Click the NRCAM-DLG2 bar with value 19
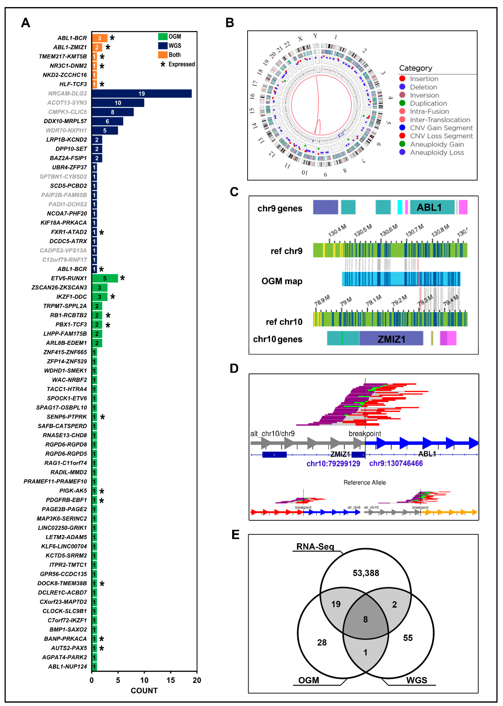pyautogui.click(x=142, y=94)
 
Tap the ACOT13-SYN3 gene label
pyautogui.click(x=67, y=103)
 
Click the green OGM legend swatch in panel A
pyautogui.click(x=163, y=37)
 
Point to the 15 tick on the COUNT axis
pyautogui.click(x=171, y=680)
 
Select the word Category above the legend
pyautogui.click(x=415, y=68)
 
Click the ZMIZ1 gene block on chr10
pyautogui.click(x=391, y=339)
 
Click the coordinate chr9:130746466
pyautogui.click(x=396, y=463)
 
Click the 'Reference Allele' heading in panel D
pyautogui.click(x=365, y=482)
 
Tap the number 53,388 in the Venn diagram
pyautogui.click(x=366, y=573)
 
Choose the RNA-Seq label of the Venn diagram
pyautogui.click(x=315, y=546)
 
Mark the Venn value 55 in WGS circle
pyautogui.click(x=408, y=638)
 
